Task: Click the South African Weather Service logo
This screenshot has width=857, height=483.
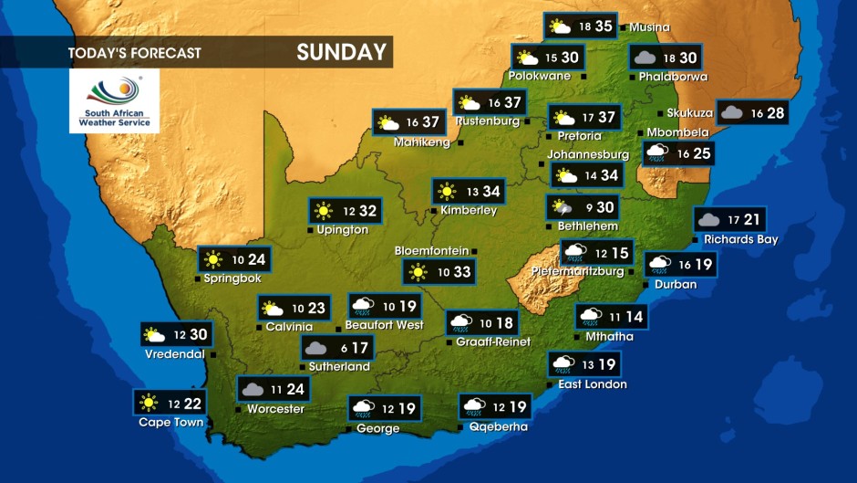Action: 114,100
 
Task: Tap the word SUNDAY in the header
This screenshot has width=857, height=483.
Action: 341,53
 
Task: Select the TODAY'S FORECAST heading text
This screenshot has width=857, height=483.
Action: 134,53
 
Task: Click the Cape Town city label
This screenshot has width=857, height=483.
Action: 170,423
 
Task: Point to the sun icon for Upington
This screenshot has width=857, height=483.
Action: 323,212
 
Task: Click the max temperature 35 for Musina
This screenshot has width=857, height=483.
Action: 604,26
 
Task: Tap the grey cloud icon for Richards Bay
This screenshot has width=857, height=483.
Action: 708,220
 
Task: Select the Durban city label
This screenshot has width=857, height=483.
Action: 676,285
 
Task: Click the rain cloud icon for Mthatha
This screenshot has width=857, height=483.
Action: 591,317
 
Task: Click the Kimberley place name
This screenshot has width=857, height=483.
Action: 469,211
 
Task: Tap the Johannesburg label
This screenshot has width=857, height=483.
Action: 588,155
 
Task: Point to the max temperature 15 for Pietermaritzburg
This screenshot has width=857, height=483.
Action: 620,253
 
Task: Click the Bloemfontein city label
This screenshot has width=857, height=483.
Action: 431,251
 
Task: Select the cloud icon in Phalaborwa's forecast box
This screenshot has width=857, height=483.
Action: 645,58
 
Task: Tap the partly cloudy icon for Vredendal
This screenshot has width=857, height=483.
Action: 155,335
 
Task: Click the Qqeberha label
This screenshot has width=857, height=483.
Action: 498,426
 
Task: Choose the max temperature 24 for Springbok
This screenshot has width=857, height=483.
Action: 257,259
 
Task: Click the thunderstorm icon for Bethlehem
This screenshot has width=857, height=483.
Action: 563,208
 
